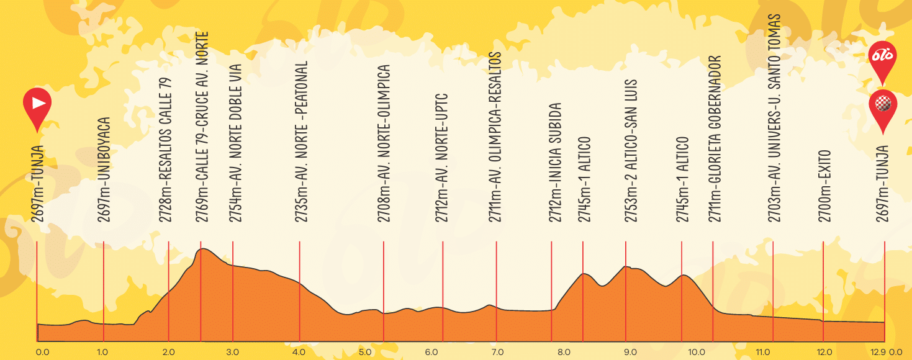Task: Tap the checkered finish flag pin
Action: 883,106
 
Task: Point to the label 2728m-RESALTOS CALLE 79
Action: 166,150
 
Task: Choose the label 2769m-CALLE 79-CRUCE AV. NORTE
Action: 202,127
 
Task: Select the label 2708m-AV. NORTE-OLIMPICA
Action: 384,143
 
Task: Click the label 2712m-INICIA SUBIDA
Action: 554,162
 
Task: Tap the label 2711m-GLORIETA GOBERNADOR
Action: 715,138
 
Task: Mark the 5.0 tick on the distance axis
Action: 365,351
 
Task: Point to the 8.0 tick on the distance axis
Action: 564,351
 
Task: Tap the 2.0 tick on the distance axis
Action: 169,351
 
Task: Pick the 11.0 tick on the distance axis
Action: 763,351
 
